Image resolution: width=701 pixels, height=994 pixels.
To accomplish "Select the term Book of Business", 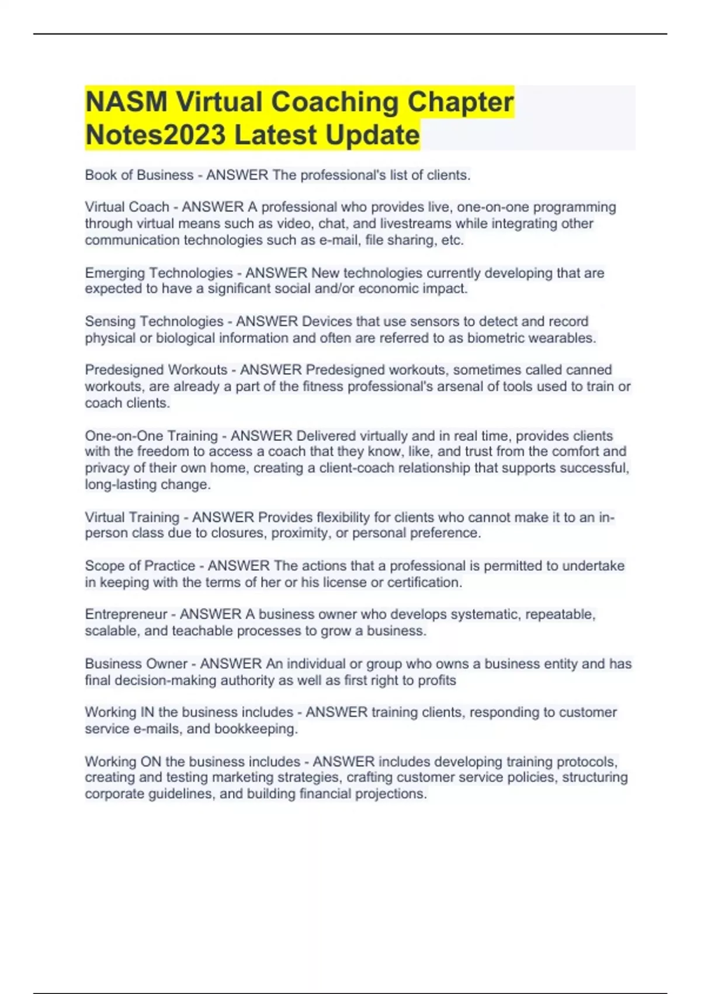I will click(x=139, y=175).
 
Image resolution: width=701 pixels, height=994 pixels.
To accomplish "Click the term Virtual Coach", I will click(x=127, y=207).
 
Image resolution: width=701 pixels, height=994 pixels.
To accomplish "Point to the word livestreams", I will click(x=416, y=223).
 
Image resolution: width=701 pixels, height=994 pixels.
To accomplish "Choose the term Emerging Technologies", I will click(x=159, y=272).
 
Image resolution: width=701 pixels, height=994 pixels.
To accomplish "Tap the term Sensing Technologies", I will click(x=154, y=322).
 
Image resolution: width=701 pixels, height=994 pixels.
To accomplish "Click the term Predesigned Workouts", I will click(x=156, y=370).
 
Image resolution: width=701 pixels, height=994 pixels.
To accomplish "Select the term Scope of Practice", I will click(x=140, y=566).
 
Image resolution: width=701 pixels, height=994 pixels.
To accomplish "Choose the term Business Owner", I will click(x=136, y=664).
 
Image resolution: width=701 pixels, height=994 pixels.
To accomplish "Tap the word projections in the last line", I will click(x=391, y=794).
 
